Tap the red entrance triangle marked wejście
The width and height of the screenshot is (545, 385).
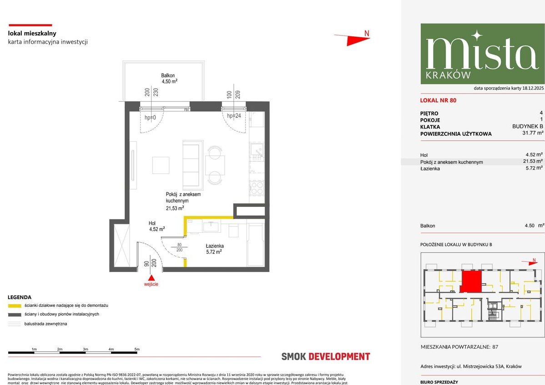(151, 278)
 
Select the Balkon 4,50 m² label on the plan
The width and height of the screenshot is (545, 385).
(169, 79)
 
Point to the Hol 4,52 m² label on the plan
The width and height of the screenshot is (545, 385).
(156, 226)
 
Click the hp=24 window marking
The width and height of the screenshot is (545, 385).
(233, 116)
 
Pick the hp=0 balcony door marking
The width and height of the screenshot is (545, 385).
(150, 118)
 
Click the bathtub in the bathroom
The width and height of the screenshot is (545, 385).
(255, 244)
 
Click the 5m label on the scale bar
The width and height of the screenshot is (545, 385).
(137, 349)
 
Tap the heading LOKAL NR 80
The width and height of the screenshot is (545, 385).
(438, 100)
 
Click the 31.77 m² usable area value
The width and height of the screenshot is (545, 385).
(533, 134)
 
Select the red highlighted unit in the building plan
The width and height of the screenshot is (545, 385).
(471, 282)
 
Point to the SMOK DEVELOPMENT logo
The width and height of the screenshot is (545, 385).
(326, 357)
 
